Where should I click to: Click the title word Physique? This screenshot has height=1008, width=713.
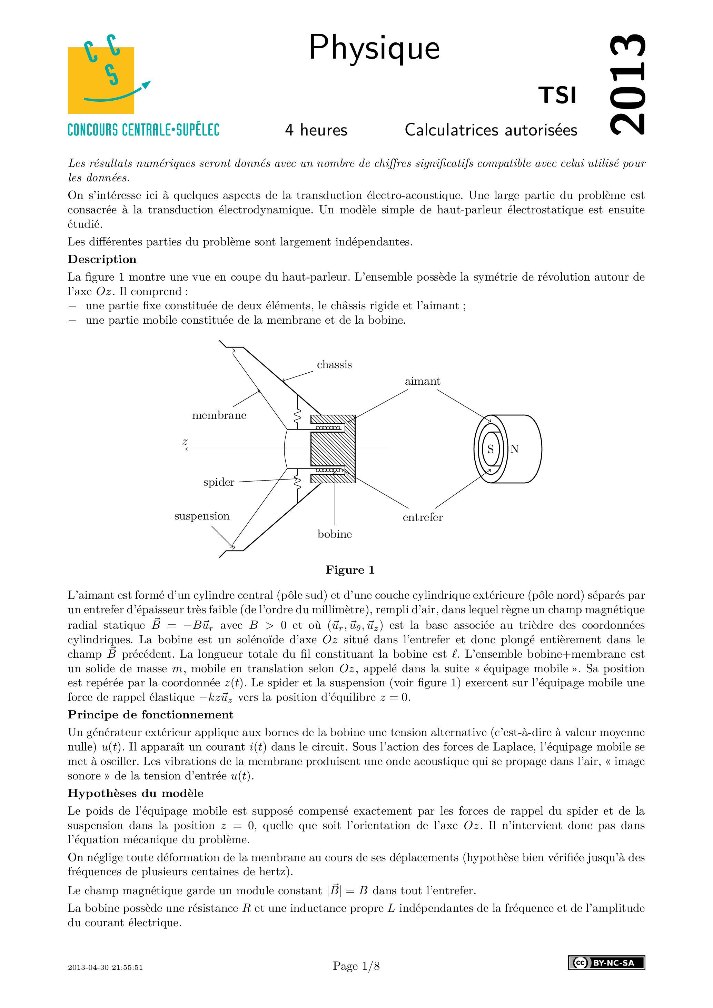[x=374, y=48]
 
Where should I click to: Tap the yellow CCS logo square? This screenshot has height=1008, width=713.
[x=101, y=80]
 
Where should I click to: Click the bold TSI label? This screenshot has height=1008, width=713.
[x=557, y=95]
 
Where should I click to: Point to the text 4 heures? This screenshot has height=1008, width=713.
[x=316, y=130]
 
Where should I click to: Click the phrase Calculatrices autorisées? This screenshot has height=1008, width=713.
[x=491, y=130]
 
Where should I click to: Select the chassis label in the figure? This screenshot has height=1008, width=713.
[x=334, y=365]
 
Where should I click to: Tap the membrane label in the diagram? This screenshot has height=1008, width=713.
[x=219, y=415]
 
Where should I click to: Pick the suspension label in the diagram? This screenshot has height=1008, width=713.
[x=202, y=516]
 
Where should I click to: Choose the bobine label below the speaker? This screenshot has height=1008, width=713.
[x=335, y=534]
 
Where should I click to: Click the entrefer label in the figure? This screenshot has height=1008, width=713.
[x=423, y=517]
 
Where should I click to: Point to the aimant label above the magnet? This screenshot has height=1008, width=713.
[x=422, y=381]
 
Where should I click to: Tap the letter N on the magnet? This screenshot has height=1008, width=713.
[x=514, y=449]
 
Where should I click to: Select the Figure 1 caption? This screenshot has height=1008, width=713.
[x=350, y=570]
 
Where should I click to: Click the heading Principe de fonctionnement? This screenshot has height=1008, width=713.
[x=150, y=715]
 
